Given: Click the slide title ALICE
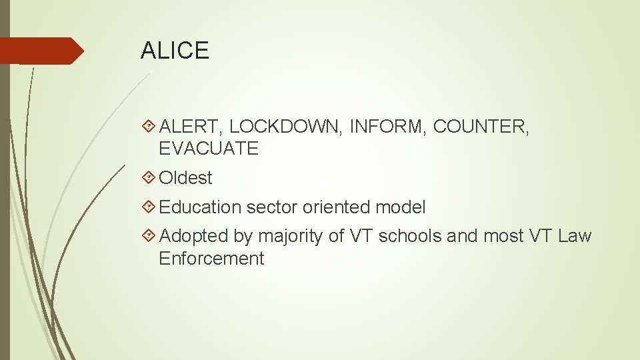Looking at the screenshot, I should click(175, 51).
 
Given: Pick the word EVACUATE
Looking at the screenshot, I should click(209, 149).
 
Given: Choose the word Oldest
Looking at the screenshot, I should click(186, 178).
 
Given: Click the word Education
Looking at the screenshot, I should click(201, 207).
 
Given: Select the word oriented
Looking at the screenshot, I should click(337, 207).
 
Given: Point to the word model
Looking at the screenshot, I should click(401, 207).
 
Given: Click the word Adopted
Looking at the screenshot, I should click(194, 236).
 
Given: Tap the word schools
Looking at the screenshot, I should click(409, 236).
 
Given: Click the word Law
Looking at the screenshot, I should click(575, 236).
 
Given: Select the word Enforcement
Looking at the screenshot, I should click(211, 259).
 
